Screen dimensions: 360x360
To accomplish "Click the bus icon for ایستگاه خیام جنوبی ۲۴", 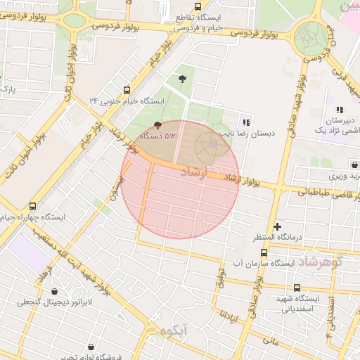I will [x=127, y=90].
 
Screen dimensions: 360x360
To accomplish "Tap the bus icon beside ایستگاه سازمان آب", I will [x=226, y=264].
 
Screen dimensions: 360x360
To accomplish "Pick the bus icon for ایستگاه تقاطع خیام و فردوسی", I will [x=166, y=9].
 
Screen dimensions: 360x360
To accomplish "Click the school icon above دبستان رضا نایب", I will [x=245, y=122].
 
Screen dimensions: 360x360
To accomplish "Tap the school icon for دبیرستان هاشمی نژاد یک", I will [x=340, y=110].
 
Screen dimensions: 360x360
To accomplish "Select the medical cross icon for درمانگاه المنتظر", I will [x=278, y=226].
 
